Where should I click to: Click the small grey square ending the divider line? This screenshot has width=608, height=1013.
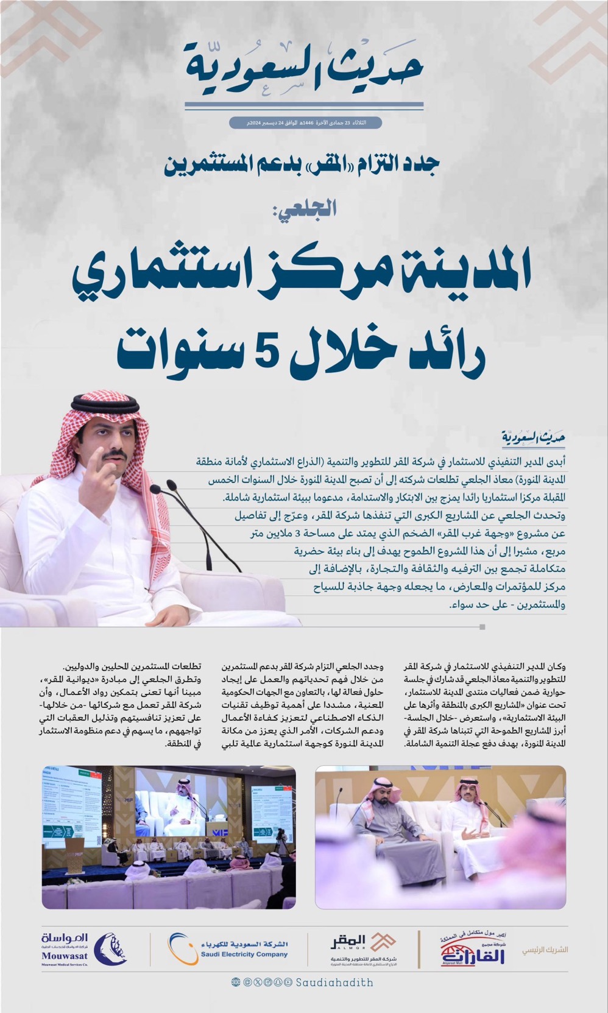[x=483, y=627]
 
